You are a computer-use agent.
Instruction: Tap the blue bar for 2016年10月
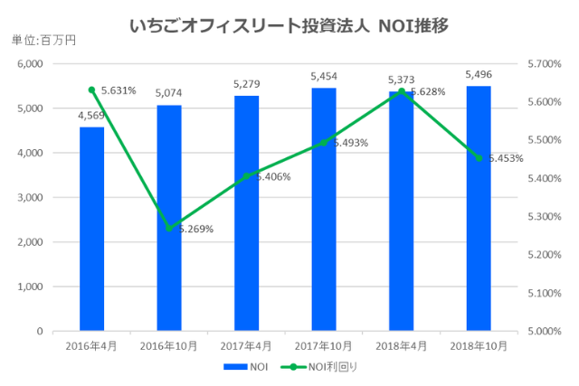168,218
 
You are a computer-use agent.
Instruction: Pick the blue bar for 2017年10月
323,210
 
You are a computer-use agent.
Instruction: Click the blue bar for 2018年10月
479,208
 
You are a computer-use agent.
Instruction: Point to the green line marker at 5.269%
168,228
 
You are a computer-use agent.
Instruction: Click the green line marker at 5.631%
91,89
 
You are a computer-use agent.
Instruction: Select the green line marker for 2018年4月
401,91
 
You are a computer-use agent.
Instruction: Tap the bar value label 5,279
246,84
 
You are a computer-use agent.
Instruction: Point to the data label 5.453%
503,158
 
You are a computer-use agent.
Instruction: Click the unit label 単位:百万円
43,41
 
